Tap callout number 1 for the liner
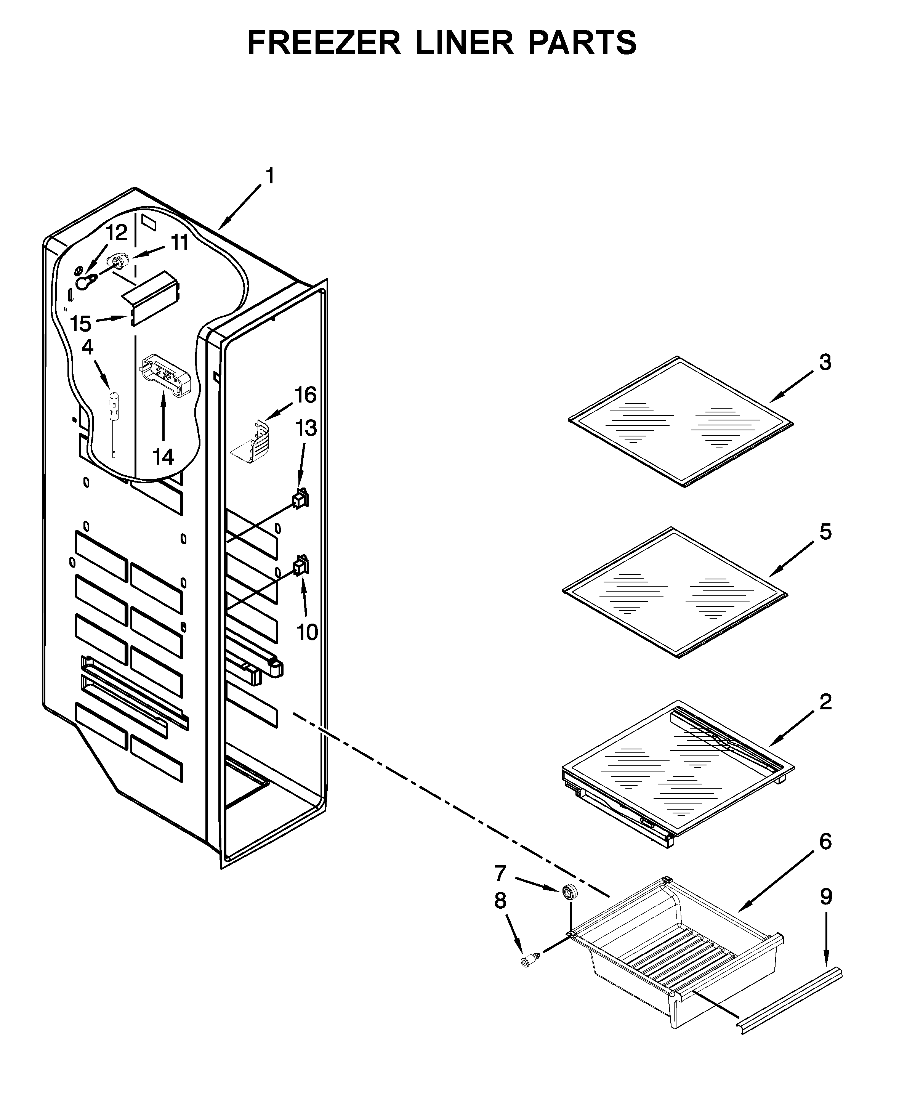coord(270,176)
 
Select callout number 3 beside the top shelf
coord(825,362)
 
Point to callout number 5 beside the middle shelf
coord(825,532)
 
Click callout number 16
coord(305,395)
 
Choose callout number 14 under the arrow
coord(163,457)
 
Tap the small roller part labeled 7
coord(570,891)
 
